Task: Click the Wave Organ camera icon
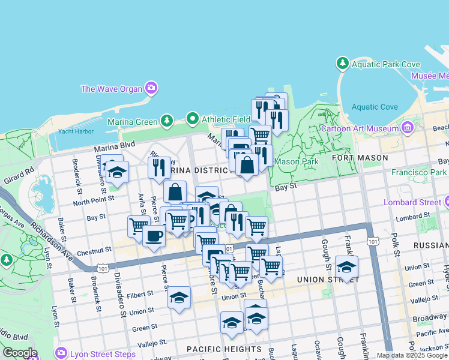tap(151, 89)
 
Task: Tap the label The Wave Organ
tap(112, 89)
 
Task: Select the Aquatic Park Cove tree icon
tap(343, 63)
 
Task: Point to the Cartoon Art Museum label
tap(360, 128)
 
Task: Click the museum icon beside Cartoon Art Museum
tap(408, 127)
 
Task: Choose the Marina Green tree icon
tap(167, 122)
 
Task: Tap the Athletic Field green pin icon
tap(193, 119)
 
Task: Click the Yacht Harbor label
tap(76, 131)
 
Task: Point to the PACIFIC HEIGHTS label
tap(224, 349)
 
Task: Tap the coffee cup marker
tap(154, 236)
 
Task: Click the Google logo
tap(20, 353)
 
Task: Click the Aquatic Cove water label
tap(375, 107)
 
